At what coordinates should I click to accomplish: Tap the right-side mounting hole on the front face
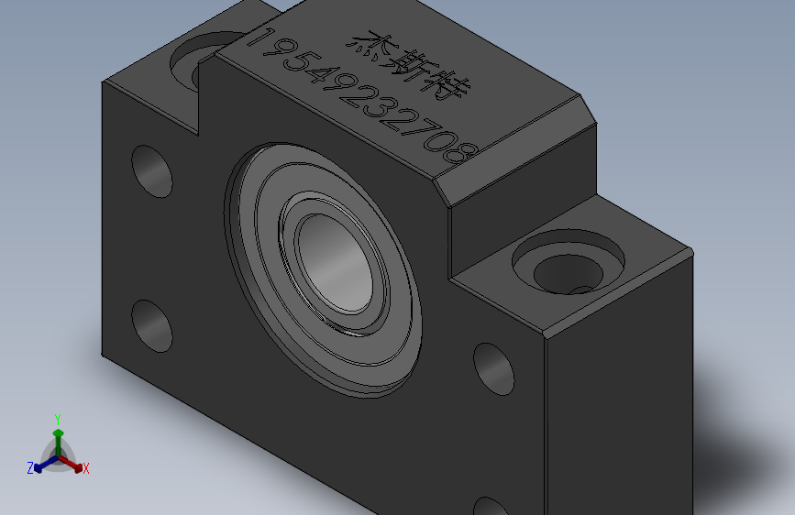pyautogui.click(x=494, y=367)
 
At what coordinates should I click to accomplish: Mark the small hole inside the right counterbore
pyautogui.click(x=580, y=290)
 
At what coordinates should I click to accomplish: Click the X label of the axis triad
pyautogui.click(x=86, y=469)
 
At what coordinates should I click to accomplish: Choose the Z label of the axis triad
pyautogui.click(x=30, y=468)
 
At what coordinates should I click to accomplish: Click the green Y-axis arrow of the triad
pyautogui.click(x=58, y=438)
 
